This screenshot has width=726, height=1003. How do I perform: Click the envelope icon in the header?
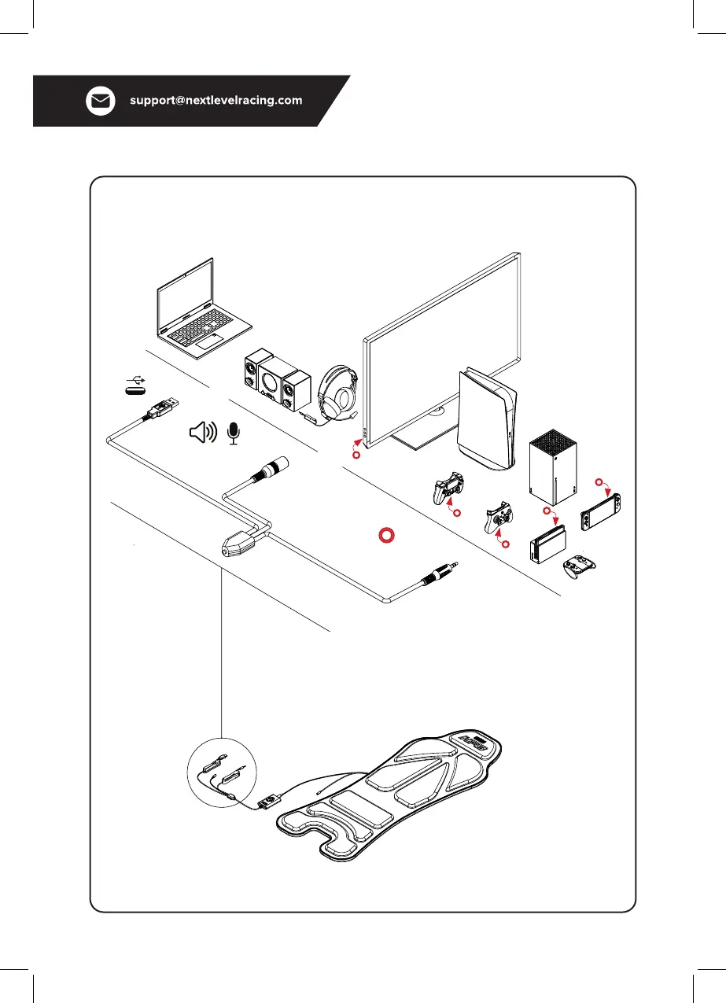(x=101, y=101)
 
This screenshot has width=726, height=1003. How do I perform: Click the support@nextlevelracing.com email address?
(x=216, y=101)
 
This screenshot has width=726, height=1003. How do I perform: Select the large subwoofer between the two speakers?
(x=270, y=383)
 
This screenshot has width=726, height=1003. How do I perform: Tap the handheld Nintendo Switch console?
(x=600, y=511)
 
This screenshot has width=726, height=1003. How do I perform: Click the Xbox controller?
(x=500, y=519)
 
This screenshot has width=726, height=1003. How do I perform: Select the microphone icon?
(x=233, y=432)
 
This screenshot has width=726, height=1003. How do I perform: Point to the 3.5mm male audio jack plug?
(x=437, y=573)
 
